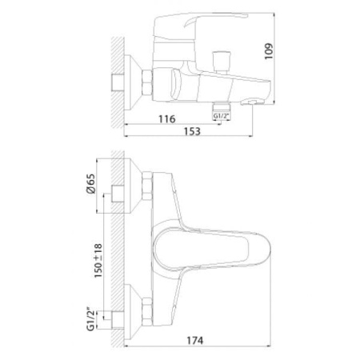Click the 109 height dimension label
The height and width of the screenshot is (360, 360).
pyautogui.click(x=270, y=51)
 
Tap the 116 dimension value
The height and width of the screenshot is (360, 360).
pyautogui.click(x=167, y=119)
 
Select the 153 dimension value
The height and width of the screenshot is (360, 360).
pyautogui.click(x=192, y=131)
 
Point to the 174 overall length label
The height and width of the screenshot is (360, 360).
pyautogui.click(x=194, y=340)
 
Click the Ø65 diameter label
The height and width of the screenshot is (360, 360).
pyautogui.click(x=91, y=183)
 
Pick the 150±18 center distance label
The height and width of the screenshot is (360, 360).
pyautogui.click(x=98, y=261)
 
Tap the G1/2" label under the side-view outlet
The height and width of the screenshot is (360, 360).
pyautogui.click(x=221, y=116)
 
